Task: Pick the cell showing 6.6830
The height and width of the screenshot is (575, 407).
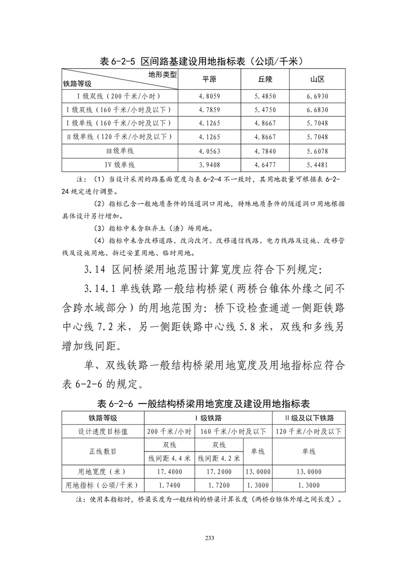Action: [317, 110]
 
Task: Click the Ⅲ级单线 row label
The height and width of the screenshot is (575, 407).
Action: [119, 151]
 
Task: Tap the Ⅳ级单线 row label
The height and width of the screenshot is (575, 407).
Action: [119, 165]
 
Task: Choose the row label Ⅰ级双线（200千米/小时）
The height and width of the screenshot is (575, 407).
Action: [119, 96]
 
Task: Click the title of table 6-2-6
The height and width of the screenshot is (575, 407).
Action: [203, 403]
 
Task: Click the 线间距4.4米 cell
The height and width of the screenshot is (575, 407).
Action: [169, 458]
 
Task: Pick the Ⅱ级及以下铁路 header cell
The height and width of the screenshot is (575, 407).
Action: [309, 418]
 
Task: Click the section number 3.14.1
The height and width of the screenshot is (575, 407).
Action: [102, 290]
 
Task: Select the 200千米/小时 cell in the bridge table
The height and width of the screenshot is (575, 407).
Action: [169, 431]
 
